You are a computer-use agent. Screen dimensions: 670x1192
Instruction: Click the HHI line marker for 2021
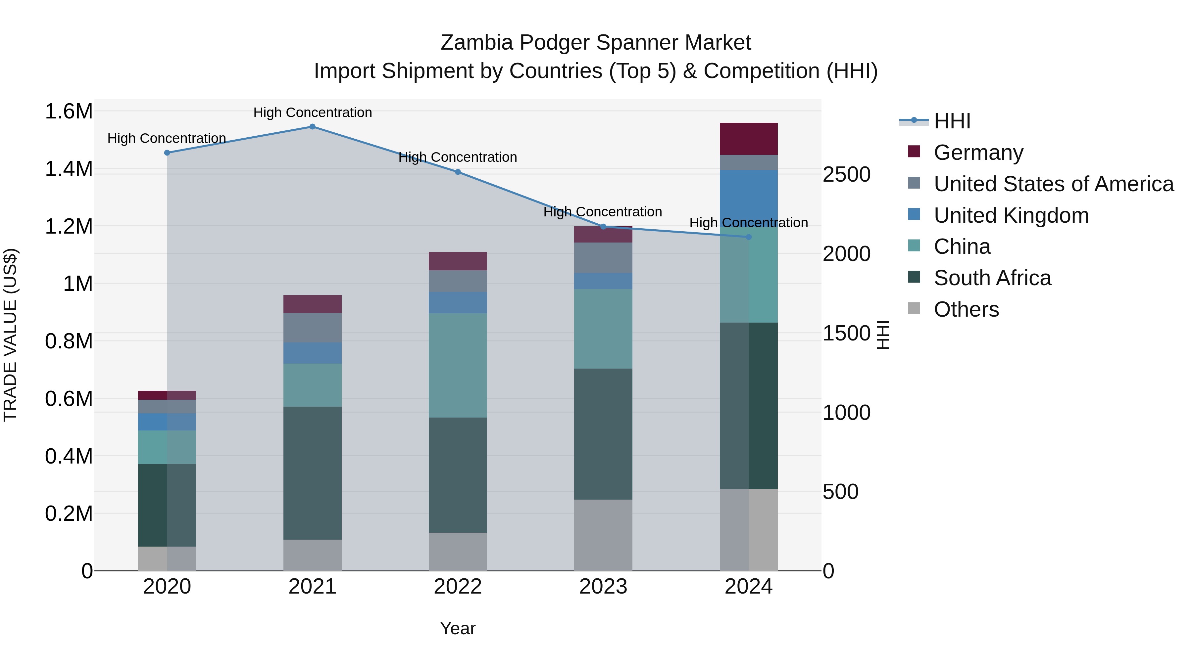click(312, 127)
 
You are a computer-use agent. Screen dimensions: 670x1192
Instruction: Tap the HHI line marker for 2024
click(749, 237)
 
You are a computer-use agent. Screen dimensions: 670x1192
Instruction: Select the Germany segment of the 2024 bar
click(749, 139)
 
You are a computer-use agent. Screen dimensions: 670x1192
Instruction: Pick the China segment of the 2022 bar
click(458, 365)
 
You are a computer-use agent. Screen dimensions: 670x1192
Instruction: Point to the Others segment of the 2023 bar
click(603, 535)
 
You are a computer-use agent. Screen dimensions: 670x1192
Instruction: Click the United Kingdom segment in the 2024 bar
click(749, 197)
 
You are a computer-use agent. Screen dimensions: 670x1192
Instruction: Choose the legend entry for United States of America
click(1054, 184)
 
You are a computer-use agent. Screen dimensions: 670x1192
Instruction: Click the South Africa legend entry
click(992, 278)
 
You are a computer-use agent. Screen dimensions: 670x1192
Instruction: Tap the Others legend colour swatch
click(914, 308)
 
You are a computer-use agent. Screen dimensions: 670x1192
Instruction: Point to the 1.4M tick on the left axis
click(69, 169)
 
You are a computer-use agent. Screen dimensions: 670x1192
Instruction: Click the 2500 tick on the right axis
click(846, 175)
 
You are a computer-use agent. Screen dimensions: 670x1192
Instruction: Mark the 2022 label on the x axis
click(458, 587)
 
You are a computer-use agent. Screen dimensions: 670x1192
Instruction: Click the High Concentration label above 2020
click(167, 138)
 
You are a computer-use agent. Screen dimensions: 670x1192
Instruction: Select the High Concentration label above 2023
click(603, 212)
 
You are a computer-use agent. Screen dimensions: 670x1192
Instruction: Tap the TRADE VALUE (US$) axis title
click(11, 335)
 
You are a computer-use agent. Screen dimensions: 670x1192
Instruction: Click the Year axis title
click(458, 628)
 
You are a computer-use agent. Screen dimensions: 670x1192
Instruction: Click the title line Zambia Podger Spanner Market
click(596, 43)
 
